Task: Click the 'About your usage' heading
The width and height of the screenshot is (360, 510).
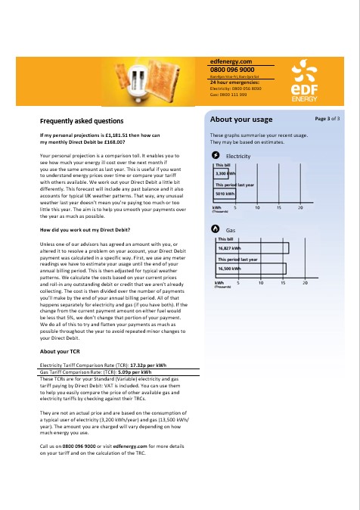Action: [x=241, y=120]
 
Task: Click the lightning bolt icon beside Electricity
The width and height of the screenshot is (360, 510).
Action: [x=215, y=155]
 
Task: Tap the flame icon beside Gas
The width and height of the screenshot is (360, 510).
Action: [x=215, y=228]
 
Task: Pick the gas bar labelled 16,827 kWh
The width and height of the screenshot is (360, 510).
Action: [x=251, y=247]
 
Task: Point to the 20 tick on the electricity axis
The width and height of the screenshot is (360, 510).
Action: [x=301, y=207]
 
